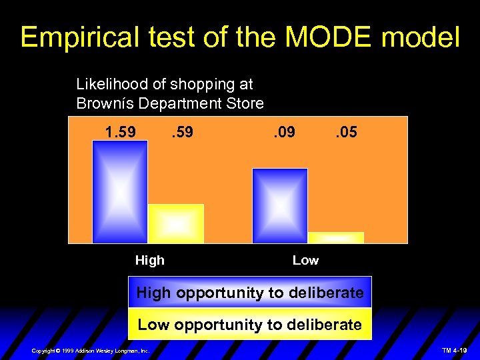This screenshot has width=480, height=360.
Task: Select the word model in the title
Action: point(420,37)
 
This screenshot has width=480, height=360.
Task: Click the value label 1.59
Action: point(121,132)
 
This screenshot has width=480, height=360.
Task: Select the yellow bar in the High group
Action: point(176,223)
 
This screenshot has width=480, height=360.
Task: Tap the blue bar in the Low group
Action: point(280,205)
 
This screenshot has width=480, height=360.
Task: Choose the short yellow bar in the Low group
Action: point(336,237)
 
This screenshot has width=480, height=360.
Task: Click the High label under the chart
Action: point(149,261)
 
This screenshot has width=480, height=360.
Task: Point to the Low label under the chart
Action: point(305,261)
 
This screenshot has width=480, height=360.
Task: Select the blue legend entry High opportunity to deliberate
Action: point(250,293)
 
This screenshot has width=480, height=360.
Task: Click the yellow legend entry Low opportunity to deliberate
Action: point(250,325)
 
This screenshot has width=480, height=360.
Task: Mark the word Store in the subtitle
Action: point(247,103)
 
